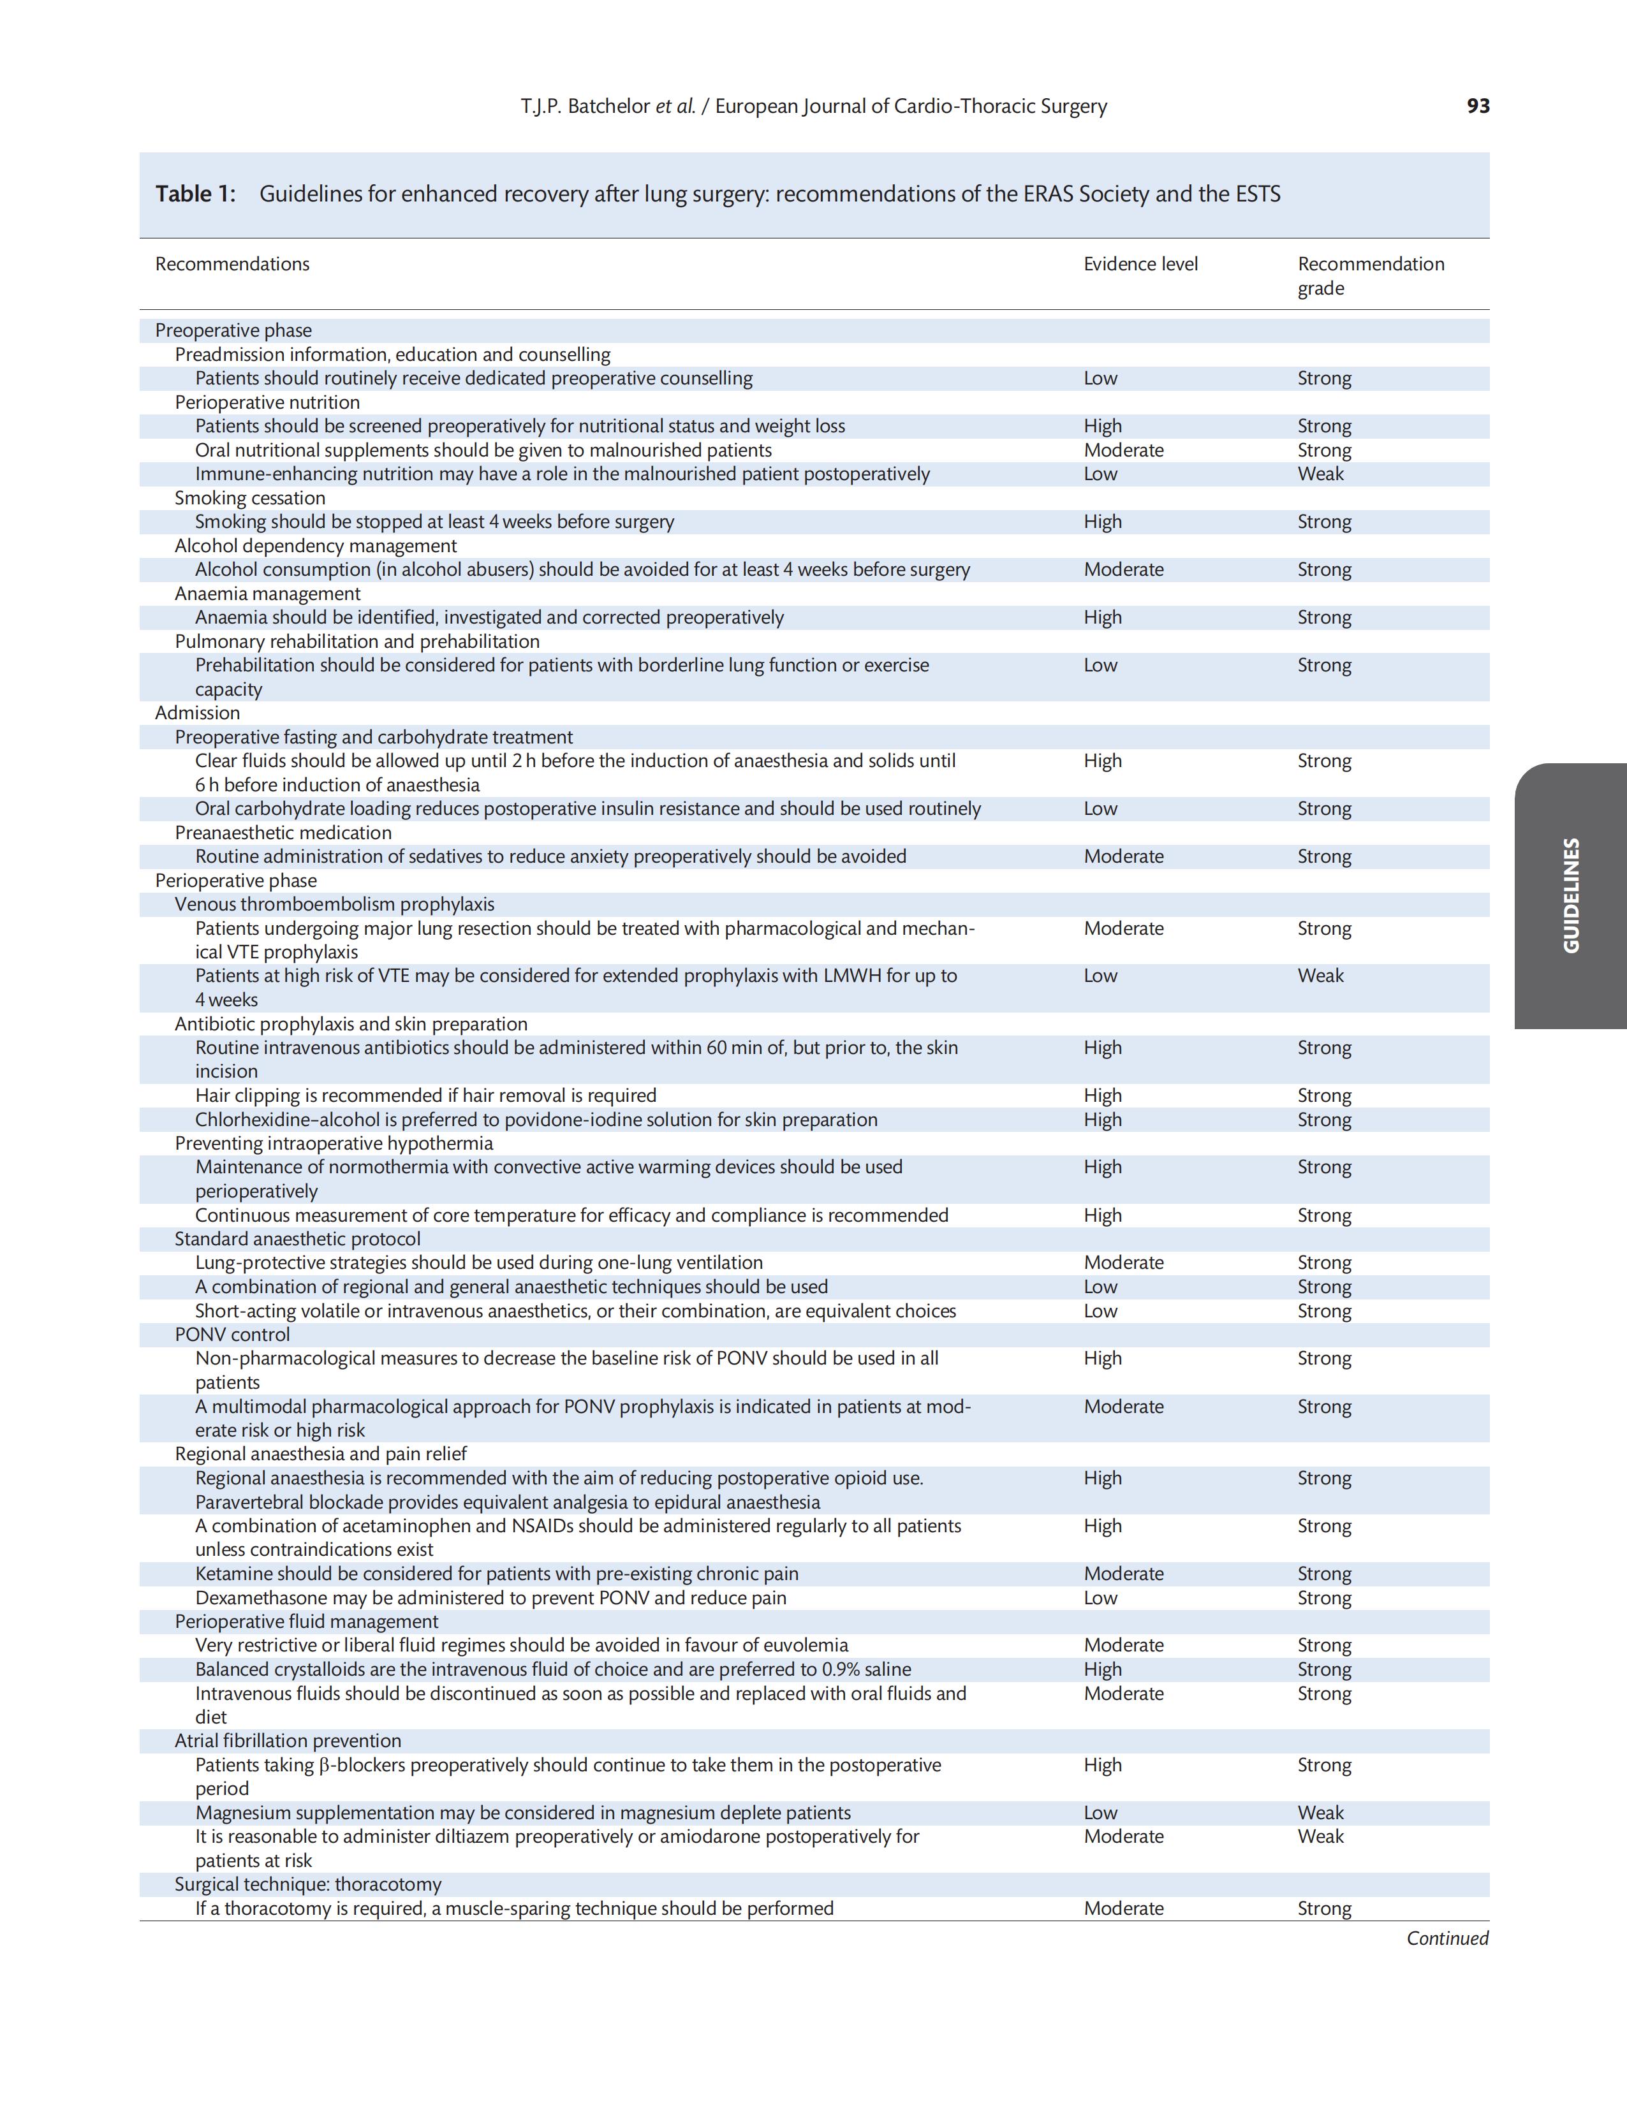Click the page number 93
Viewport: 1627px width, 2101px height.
click(1478, 106)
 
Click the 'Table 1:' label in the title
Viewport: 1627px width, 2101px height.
click(195, 194)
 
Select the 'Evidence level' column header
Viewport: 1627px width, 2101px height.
click(1140, 263)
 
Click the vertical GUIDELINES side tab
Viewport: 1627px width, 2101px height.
click(1570, 896)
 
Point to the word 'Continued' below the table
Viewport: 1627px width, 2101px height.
click(1447, 1938)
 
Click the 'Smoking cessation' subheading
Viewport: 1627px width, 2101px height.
click(250, 497)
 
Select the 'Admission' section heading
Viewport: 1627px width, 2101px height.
click(197, 713)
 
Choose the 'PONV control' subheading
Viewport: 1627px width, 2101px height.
click(232, 1335)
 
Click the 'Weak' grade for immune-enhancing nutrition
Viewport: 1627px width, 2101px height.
click(1320, 473)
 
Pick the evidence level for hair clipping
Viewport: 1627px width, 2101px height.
click(1103, 1095)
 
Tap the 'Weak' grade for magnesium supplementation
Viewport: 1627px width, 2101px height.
click(1320, 1812)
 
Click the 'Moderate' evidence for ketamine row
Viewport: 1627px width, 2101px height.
click(1123, 1574)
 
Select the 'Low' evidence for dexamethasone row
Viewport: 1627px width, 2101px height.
click(1101, 1598)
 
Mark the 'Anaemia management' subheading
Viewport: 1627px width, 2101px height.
click(267, 594)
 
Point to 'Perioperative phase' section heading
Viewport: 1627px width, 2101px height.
click(236, 880)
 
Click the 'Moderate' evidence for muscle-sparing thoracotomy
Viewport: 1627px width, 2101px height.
click(1123, 1908)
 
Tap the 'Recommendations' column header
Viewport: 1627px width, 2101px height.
click(232, 263)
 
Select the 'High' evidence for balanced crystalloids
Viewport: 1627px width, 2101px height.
click(1103, 1669)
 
